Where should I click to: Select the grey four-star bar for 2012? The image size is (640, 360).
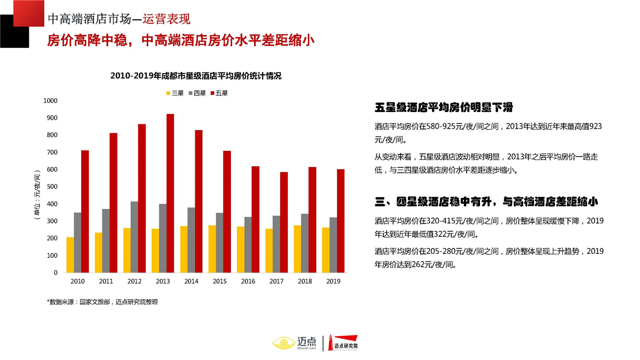coord(134,237)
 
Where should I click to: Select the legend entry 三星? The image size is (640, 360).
coord(175,93)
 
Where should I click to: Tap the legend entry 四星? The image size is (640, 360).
coord(197,93)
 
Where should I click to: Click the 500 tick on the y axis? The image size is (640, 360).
coord(52,187)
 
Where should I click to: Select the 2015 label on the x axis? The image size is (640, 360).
coord(219,281)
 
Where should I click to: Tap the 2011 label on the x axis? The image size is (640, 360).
coord(106,281)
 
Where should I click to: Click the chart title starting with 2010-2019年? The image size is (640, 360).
coord(196,76)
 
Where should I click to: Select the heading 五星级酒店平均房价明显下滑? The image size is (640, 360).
coord(444,108)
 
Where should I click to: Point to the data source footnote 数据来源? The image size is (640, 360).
coord(102,302)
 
